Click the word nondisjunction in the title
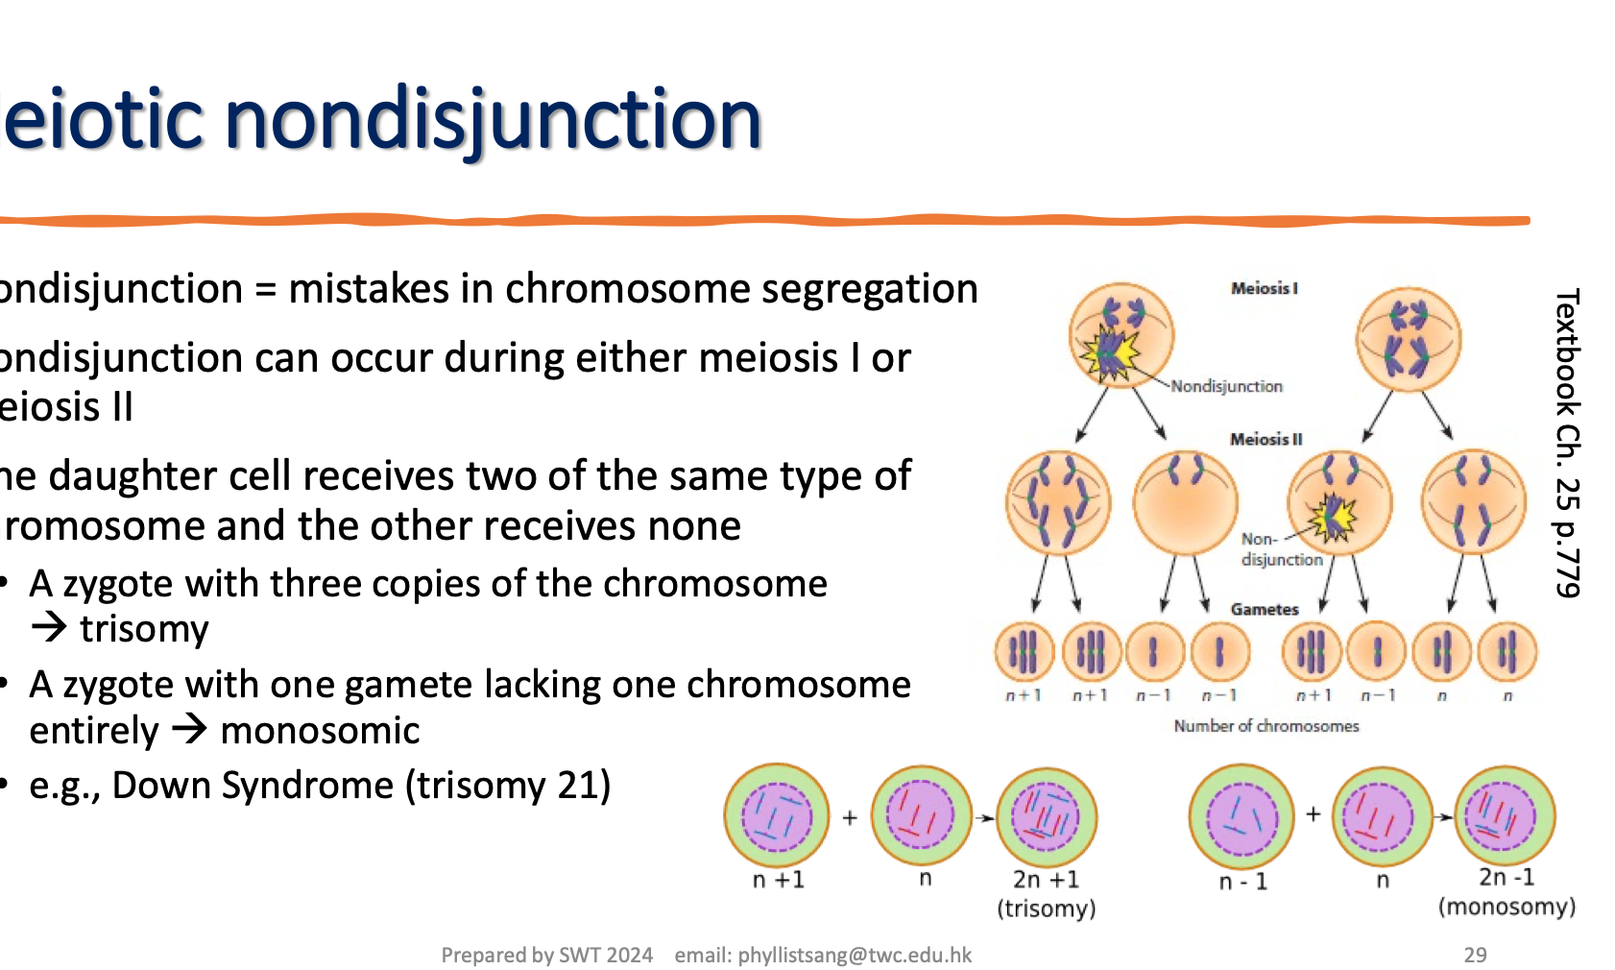(x=494, y=120)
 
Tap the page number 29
(x=1475, y=955)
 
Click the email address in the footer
(x=823, y=955)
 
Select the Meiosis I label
(x=1264, y=288)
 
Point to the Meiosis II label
(x=1265, y=439)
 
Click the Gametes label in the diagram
(x=1264, y=609)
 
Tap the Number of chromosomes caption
(x=1265, y=726)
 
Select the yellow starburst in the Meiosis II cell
(x=1334, y=517)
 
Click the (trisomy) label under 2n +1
(x=1046, y=909)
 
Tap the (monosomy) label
(x=1507, y=907)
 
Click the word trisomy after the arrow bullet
(x=144, y=629)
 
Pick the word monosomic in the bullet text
(x=320, y=731)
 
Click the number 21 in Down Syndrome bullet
(x=578, y=786)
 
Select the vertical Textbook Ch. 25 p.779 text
(x=1566, y=442)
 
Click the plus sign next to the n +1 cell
(x=849, y=818)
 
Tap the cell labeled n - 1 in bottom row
(x=1241, y=816)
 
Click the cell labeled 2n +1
(x=1046, y=816)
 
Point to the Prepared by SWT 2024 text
(x=546, y=955)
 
